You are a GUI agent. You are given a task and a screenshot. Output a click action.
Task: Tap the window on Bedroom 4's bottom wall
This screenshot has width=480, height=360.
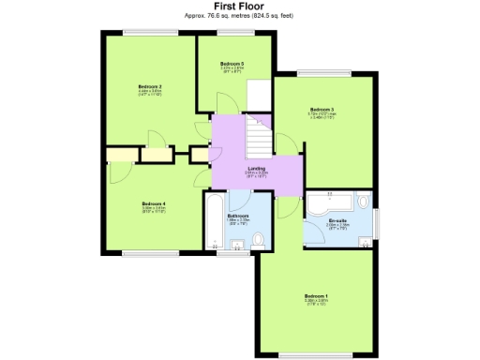[153, 252]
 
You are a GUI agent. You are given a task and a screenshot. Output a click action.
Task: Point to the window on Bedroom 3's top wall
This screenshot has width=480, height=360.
[324, 74]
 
